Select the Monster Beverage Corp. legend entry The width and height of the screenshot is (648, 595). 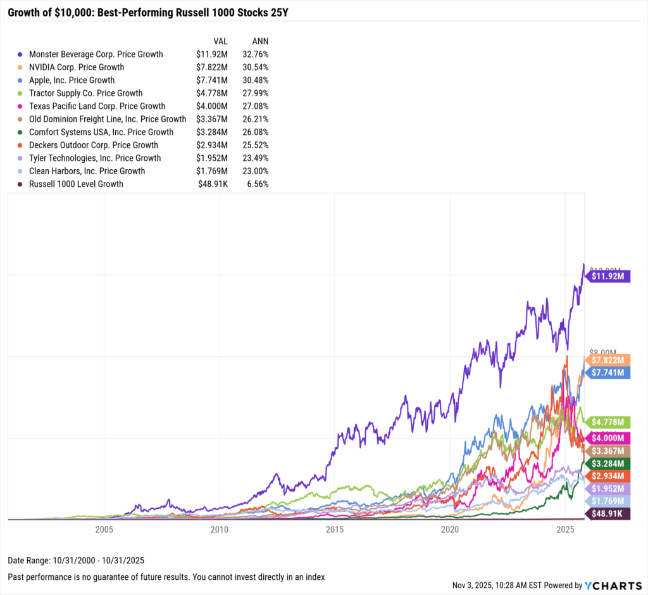[x=95, y=54]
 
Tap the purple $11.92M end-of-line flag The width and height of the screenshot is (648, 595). [x=609, y=276]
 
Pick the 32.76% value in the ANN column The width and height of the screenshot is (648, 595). [x=255, y=54]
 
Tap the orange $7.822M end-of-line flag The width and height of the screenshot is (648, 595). [x=609, y=360]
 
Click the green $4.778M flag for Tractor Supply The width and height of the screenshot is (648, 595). [x=609, y=421]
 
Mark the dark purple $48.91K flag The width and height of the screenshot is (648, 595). [x=609, y=513]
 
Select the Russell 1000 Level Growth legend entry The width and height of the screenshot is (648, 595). [x=80, y=184]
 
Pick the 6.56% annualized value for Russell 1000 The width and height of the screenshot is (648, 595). [x=258, y=184]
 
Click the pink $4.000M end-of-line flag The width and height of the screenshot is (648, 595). [x=609, y=438]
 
